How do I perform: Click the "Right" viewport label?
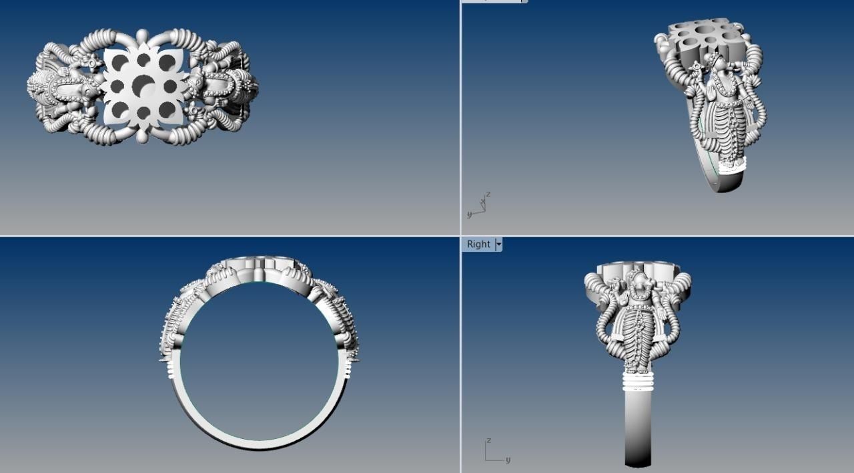[x=478, y=245]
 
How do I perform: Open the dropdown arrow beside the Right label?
[x=498, y=245]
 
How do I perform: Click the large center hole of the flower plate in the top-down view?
[x=143, y=85]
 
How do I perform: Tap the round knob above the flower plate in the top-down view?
[x=142, y=35]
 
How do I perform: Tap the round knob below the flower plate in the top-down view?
[x=143, y=136]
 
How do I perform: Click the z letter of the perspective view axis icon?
[x=488, y=194]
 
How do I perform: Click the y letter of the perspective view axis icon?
[x=469, y=214]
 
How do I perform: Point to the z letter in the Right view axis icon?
[x=489, y=441]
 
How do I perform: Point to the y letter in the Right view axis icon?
[x=508, y=460]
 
